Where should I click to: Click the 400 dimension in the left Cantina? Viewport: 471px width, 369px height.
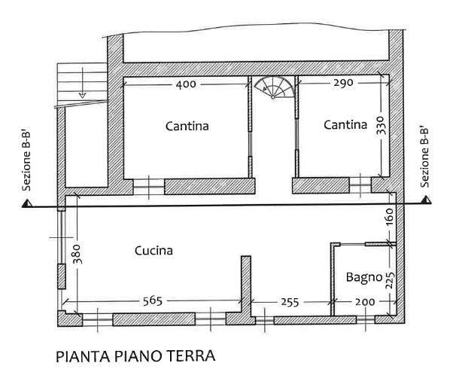[186, 84]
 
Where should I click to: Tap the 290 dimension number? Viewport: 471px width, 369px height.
[343, 83]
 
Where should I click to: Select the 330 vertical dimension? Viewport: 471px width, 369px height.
[380, 126]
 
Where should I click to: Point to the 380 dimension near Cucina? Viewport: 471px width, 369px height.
[77, 254]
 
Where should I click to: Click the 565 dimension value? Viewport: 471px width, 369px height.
[153, 300]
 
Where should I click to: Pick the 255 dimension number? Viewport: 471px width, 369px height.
[290, 302]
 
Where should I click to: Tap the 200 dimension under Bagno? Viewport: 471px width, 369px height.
[365, 302]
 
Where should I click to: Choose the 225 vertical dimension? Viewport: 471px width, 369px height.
[390, 280]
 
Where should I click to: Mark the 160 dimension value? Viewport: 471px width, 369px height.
[389, 217]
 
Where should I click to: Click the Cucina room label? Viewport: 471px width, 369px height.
[153, 251]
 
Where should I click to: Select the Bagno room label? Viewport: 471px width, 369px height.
[364, 277]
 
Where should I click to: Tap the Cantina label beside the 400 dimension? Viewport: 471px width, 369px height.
[187, 126]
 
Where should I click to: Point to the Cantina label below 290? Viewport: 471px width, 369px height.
[345, 124]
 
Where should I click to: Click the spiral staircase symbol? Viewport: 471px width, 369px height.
[274, 87]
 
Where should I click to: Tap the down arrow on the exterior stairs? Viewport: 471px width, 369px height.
[82, 82]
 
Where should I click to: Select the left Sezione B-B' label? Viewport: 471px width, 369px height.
[26, 161]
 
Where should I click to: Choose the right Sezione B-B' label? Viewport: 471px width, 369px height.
[424, 158]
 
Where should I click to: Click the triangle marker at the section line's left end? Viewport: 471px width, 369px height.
[27, 203]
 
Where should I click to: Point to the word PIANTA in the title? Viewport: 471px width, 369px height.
[83, 356]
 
